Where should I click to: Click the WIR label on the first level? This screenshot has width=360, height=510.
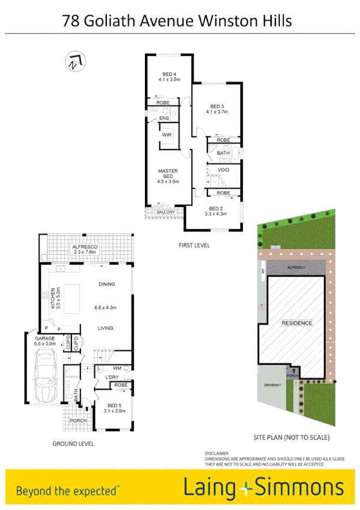166,135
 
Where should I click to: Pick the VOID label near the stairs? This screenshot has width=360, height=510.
224,170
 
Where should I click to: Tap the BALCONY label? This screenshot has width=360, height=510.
165,212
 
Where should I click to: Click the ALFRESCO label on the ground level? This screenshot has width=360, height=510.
84,247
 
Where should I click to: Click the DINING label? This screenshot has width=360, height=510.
106,284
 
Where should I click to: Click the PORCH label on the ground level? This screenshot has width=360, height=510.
78,420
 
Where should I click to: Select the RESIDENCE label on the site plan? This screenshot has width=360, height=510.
297,323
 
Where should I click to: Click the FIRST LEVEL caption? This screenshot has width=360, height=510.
194,245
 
